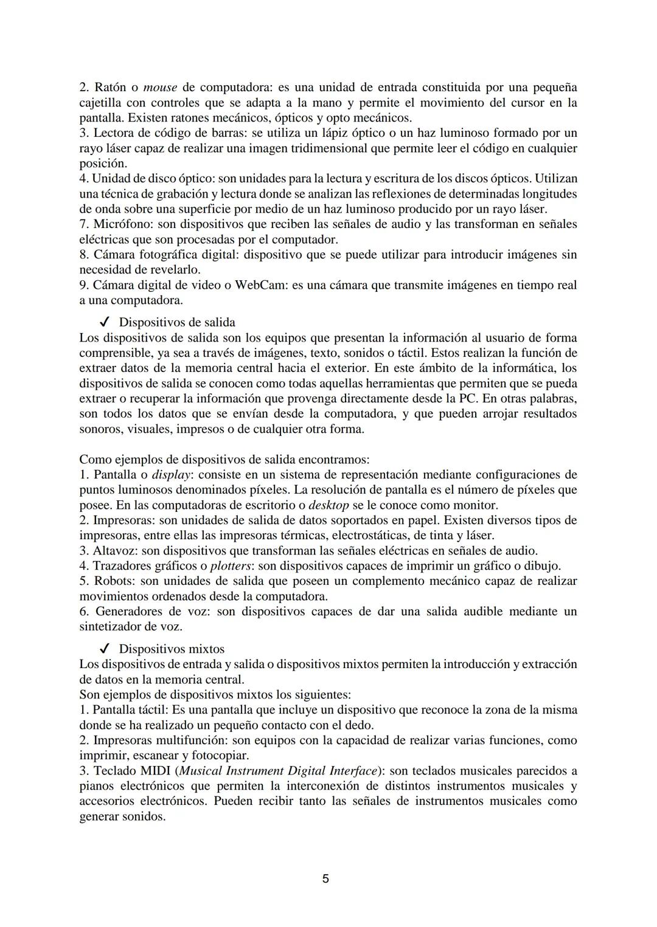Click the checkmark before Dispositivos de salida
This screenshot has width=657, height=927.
(104, 322)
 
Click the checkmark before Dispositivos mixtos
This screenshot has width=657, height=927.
(104, 649)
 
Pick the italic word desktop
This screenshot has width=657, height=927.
(328, 505)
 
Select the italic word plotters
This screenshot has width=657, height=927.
(231, 566)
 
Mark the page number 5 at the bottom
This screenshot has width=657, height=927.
(325, 879)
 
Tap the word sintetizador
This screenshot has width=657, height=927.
(111, 627)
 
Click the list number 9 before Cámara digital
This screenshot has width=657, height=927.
(83, 285)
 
